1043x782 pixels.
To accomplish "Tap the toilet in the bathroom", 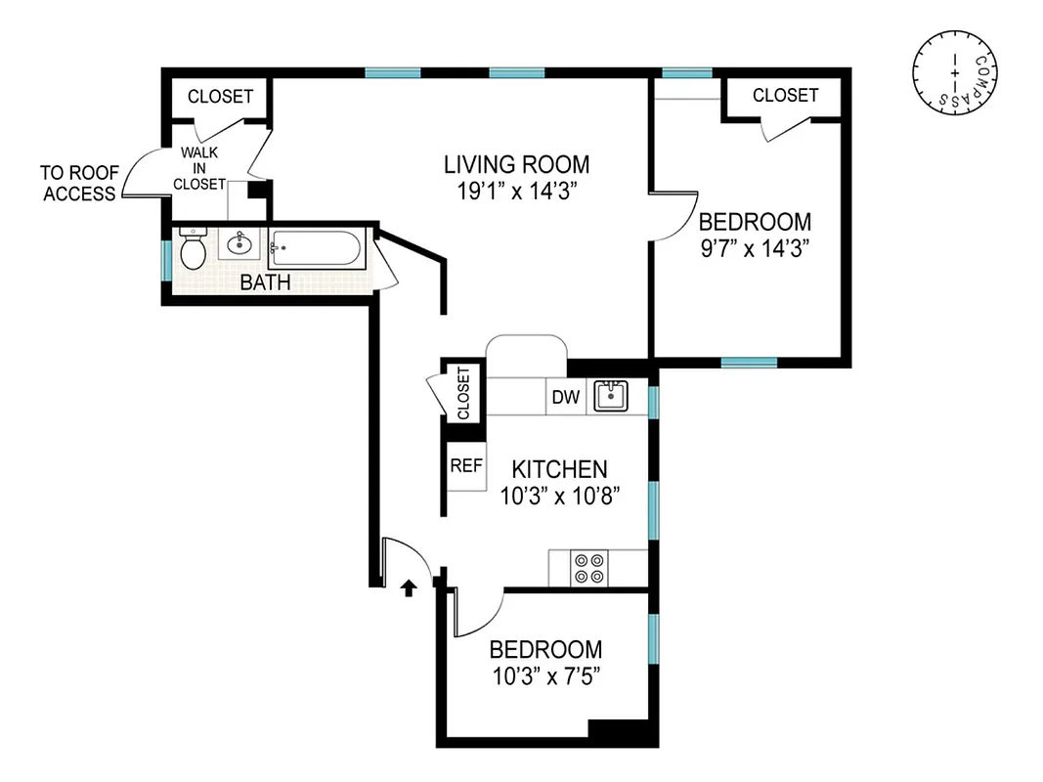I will [193, 251].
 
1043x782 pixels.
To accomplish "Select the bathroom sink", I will [238, 244].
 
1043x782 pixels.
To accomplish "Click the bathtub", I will [316, 249].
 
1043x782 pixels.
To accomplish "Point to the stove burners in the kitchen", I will [589, 568].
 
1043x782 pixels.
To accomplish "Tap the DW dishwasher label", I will [566, 397].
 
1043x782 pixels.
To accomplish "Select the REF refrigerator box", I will [466, 466].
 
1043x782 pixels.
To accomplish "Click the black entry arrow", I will [410, 586].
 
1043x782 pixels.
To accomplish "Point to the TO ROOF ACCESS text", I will [79, 183].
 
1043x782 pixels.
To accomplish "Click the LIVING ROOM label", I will [516, 163].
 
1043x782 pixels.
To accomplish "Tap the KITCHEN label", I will [560, 469].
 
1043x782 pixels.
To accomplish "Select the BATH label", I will [266, 283].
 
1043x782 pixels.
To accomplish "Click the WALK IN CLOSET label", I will [199, 168].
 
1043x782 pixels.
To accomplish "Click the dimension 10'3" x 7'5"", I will [545, 675].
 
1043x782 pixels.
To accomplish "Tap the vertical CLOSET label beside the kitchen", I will [463, 392].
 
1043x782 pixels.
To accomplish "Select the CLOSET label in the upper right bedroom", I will [785, 95].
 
